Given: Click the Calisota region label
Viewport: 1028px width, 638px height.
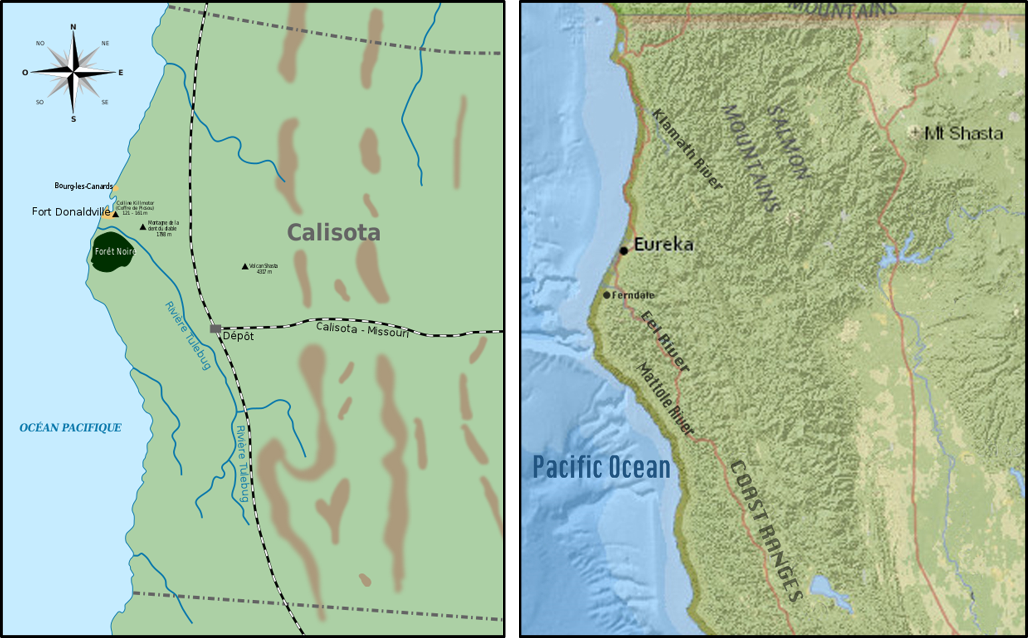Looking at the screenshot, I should click(334, 233).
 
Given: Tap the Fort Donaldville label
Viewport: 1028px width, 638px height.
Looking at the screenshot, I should click(71, 212).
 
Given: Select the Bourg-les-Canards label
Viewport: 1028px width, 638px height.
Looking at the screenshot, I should click(83, 186).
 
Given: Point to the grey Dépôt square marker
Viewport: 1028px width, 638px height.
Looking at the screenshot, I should click(215, 329).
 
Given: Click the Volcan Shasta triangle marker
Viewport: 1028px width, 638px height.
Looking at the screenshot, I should click(245, 266).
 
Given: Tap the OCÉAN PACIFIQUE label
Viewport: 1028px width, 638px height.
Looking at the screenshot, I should click(70, 428).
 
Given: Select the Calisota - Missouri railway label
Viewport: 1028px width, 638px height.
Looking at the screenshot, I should click(363, 330).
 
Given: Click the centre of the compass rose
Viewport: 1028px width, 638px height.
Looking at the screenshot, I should click(73, 72).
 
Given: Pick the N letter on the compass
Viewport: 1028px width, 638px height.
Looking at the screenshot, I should click(73, 27).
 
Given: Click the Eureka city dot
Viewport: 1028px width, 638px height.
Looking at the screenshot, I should click(623, 250).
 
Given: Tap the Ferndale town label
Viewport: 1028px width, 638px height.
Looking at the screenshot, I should click(633, 295).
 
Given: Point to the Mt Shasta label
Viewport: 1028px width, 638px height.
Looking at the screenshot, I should click(963, 133).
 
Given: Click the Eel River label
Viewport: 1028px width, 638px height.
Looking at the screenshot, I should click(664, 341).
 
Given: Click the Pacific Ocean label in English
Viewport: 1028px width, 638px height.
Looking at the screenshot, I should click(601, 467).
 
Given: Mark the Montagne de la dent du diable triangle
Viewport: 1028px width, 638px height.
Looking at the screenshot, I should click(142, 227).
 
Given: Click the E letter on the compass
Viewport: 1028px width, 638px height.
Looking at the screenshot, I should click(121, 72).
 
